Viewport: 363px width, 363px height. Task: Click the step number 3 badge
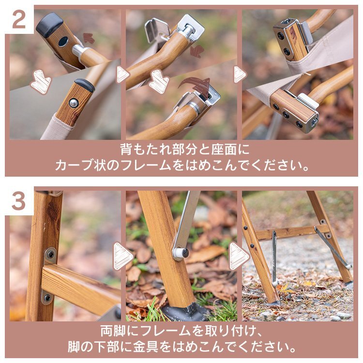pos(18,201)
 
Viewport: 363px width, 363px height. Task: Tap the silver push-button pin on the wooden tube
pos(73,103)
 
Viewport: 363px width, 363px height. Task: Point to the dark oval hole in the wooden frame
pos(63,42)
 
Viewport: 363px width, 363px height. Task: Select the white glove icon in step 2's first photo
pos(41,81)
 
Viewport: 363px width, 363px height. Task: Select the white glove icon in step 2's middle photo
pos(159,81)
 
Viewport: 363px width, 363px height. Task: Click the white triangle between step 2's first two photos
pos(122,75)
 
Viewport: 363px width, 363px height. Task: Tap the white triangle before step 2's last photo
pos(240,75)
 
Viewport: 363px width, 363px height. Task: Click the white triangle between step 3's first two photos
pos(122,256)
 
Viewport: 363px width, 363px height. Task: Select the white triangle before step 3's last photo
pos(239,256)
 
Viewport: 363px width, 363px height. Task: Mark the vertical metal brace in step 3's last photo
pos(274,257)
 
